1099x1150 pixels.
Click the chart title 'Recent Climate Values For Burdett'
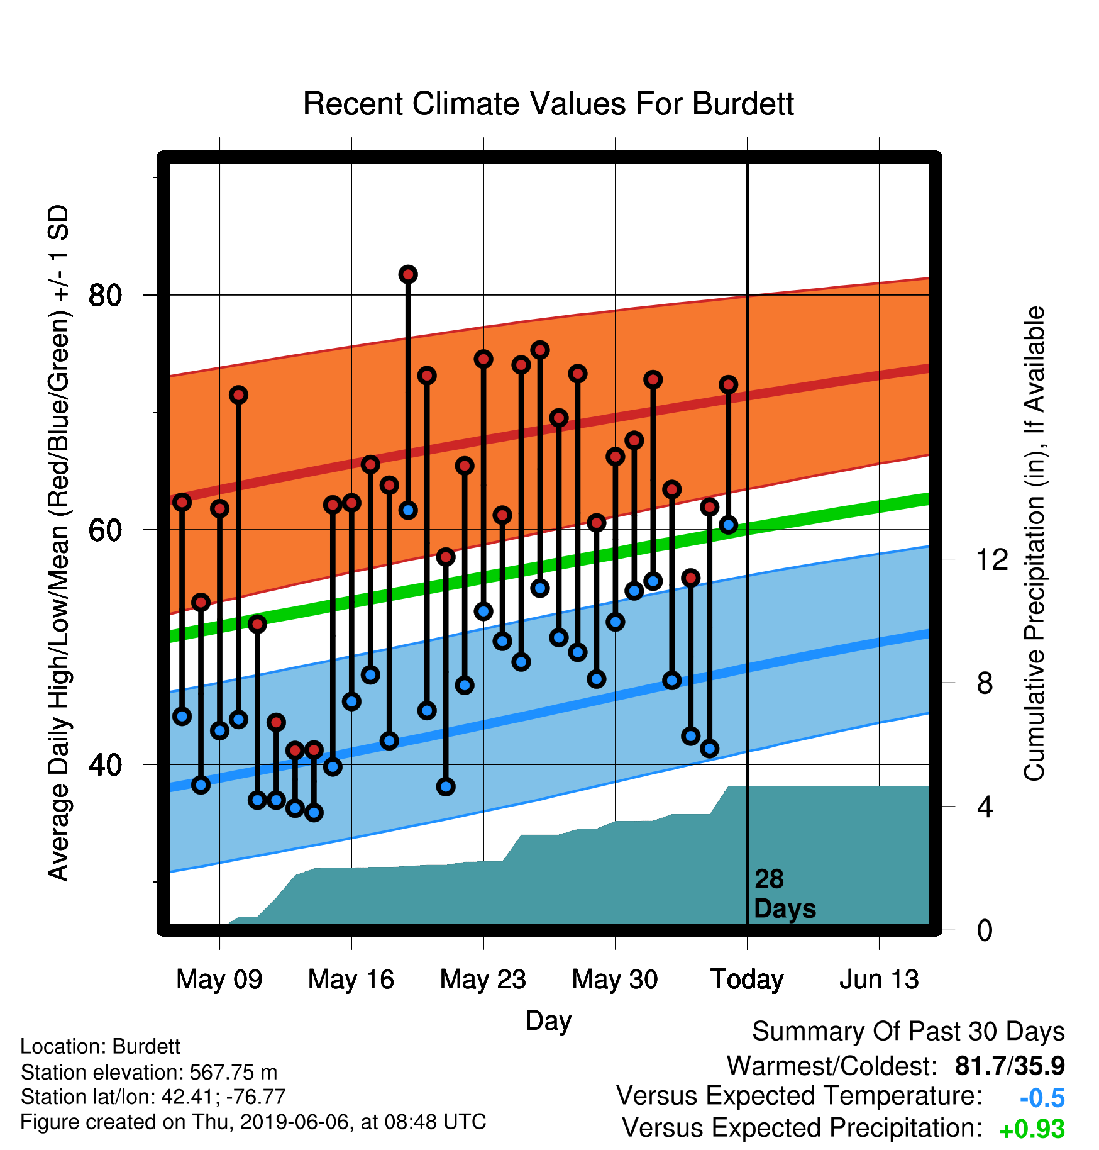pos(548,104)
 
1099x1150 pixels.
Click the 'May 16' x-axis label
pos(351,980)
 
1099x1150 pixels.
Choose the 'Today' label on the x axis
pos(747,980)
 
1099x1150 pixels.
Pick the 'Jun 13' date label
pos(879,980)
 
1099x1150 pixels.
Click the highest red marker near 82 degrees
pos(408,274)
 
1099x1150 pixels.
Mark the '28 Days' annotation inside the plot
pos(785,894)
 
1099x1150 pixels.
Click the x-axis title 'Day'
pos(548,1021)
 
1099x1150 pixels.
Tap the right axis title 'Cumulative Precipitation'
pos(1034,544)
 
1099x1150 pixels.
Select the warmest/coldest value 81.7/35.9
pos(1010,1066)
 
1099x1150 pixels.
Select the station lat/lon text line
pos(153,1097)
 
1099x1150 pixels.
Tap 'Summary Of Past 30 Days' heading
pos(908,1032)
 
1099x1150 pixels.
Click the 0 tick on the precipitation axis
pos(985,930)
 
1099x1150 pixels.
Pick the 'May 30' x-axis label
pos(615,980)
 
